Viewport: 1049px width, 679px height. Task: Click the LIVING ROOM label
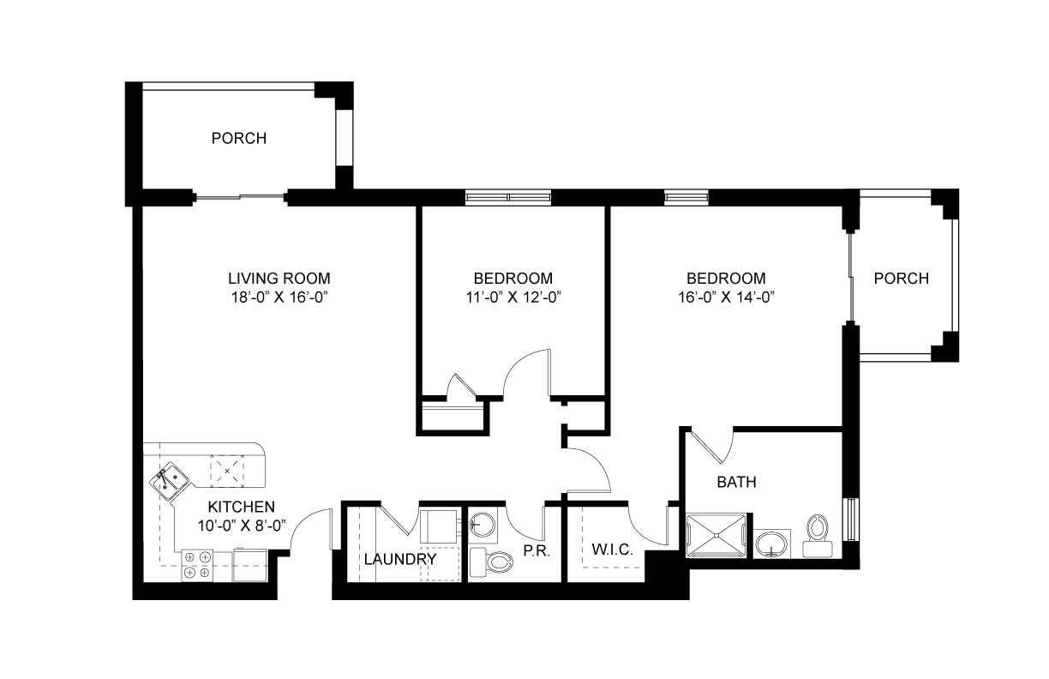(x=279, y=279)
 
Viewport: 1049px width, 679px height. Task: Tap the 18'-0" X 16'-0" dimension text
(x=279, y=297)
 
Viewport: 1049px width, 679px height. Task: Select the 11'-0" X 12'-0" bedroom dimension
(x=513, y=297)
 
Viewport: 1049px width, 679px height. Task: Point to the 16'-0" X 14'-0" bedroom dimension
(x=727, y=297)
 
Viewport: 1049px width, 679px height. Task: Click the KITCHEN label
(x=241, y=507)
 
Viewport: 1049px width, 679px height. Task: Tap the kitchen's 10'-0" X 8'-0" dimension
(x=241, y=526)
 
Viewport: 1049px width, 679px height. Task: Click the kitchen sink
(x=169, y=481)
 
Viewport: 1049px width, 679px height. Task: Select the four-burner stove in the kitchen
(x=197, y=565)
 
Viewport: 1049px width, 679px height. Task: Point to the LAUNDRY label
(x=400, y=559)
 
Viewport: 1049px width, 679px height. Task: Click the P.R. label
(x=536, y=551)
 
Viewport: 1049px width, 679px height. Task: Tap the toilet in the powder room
(x=491, y=562)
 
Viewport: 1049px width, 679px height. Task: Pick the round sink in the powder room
(x=483, y=525)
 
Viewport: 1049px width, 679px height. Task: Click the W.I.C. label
(x=612, y=550)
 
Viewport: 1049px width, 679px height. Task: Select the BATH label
(x=737, y=482)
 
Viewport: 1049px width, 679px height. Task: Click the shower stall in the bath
(x=716, y=536)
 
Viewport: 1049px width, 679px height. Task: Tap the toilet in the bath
(x=818, y=536)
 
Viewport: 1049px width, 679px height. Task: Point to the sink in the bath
(x=770, y=544)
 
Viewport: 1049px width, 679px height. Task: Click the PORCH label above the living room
(x=239, y=138)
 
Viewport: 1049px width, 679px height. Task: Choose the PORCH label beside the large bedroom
(x=902, y=279)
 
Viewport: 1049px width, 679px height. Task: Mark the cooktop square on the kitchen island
(x=227, y=470)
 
